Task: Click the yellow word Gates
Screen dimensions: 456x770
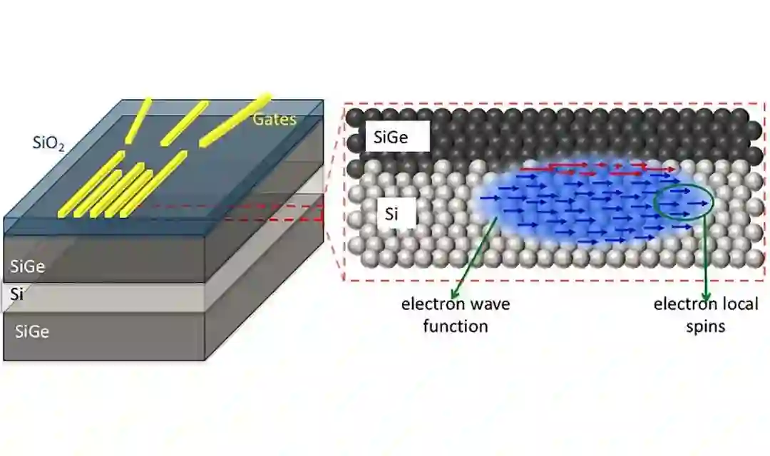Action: coord(274,119)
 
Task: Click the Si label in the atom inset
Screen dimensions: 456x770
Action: coord(391,213)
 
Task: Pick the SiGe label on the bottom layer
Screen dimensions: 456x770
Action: coord(29,331)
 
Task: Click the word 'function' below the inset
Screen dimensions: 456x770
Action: coord(455,326)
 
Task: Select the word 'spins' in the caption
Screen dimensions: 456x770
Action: coord(706,326)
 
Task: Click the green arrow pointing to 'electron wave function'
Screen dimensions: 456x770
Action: coord(474,256)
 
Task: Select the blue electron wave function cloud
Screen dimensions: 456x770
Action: coord(570,207)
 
